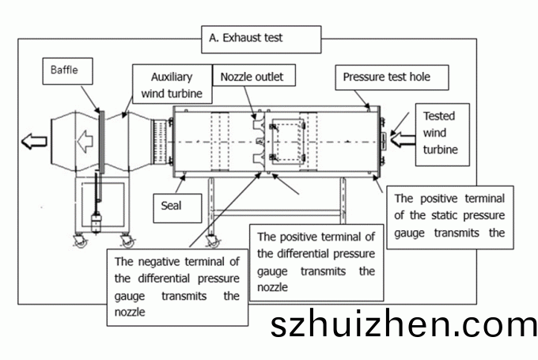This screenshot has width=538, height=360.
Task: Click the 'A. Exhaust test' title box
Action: click(x=262, y=37)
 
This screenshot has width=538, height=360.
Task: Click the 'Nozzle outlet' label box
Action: click(x=251, y=77)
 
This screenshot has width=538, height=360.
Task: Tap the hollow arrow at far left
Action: click(x=33, y=142)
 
